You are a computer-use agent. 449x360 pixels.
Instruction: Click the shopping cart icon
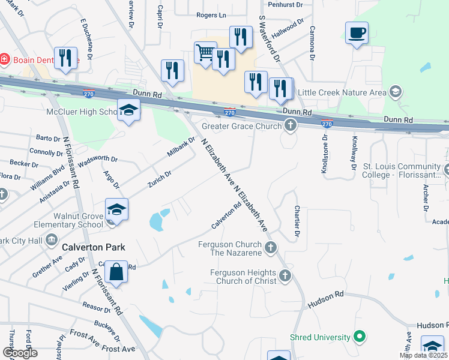click(x=205, y=53)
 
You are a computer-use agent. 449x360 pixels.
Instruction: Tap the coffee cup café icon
click(x=357, y=32)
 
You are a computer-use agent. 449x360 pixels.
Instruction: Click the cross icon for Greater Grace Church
click(x=291, y=126)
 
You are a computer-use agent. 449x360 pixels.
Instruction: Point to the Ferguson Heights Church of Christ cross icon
click(x=285, y=277)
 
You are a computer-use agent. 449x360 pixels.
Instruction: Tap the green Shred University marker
click(x=360, y=337)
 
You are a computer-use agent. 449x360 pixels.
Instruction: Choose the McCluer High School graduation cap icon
click(x=128, y=110)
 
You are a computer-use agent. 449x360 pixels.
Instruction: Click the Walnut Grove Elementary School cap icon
click(x=117, y=209)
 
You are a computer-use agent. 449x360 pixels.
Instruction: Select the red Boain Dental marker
click(x=4, y=59)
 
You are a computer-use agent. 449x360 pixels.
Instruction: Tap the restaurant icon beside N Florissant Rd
click(x=65, y=58)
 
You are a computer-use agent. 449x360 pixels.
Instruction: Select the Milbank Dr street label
click(x=181, y=148)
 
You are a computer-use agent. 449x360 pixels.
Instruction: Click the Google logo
click(x=20, y=353)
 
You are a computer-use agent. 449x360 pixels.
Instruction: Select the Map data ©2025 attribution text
click(x=423, y=355)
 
